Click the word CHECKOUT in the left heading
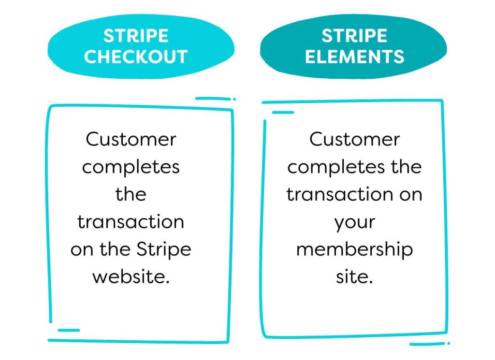pyautogui.click(x=136, y=57)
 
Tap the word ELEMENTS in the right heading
pyautogui.click(x=354, y=57)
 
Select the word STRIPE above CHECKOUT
pyautogui.click(x=136, y=36)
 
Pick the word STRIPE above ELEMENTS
pyautogui.click(x=354, y=36)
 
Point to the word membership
pyautogui.click(x=354, y=250)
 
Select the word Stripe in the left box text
pyautogui.click(x=163, y=250)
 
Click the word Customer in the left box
pyautogui.click(x=131, y=139)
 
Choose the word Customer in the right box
pyautogui.click(x=354, y=139)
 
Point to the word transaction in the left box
pyautogui.click(x=131, y=222)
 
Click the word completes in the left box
pyautogui.click(x=131, y=168)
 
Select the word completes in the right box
pyautogui.click(x=336, y=168)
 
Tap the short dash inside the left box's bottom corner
pyautogui.click(x=69, y=331)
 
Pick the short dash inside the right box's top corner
pyautogui.click(x=283, y=112)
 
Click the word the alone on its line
pyautogui.click(x=131, y=194)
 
